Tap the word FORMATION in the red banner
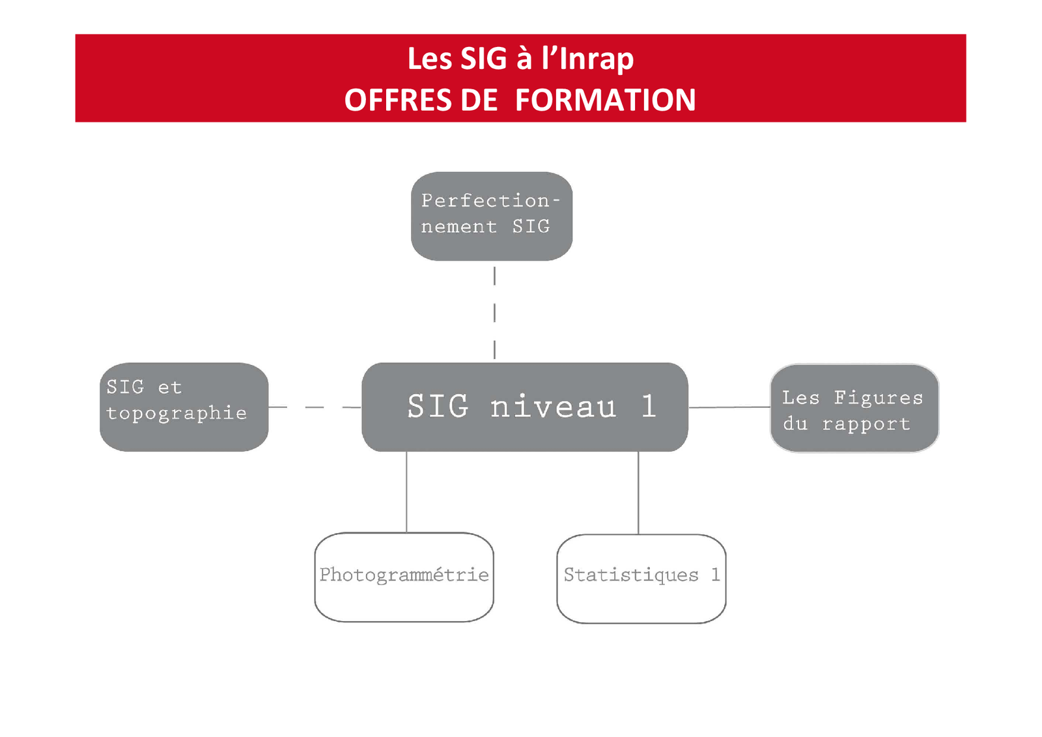tap(605, 100)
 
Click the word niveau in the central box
tap(553, 407)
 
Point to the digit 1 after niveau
tap(648, 407)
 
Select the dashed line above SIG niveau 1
tap(494, 313)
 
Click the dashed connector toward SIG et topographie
tap(315, 407)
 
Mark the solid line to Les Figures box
tap(729, 407)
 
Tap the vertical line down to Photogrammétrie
tap(406, 492)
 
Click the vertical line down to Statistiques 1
tap(638, 493)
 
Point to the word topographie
tap(176, 414)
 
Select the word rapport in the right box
tap(866, 424)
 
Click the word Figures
tap(879, 397)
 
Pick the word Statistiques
tap(630, 575)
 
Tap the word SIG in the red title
tap(483, 59)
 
